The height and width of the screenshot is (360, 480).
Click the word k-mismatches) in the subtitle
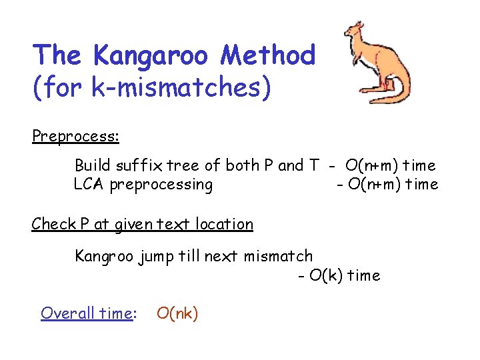tap(179, 87)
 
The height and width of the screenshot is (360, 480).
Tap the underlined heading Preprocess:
tap(75, 136)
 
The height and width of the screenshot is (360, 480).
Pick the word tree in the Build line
tap(171, 165)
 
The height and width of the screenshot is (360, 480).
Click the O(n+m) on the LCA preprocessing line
tap(377, 184)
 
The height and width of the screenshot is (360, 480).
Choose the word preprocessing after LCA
tap(161, 185)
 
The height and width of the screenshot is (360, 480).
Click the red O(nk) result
tap(177, 313)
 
